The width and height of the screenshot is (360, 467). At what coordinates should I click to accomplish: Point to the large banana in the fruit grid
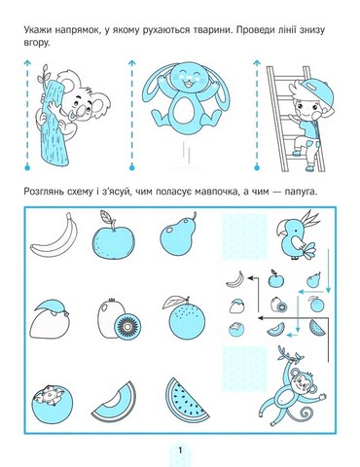(x=47, y=236)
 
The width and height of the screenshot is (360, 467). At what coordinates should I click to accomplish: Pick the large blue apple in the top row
(x=108, y=237)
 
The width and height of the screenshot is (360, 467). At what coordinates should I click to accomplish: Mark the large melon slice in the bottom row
(x=110, y=400)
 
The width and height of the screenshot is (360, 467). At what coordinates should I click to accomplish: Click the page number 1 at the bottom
(x=179, y=448)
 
